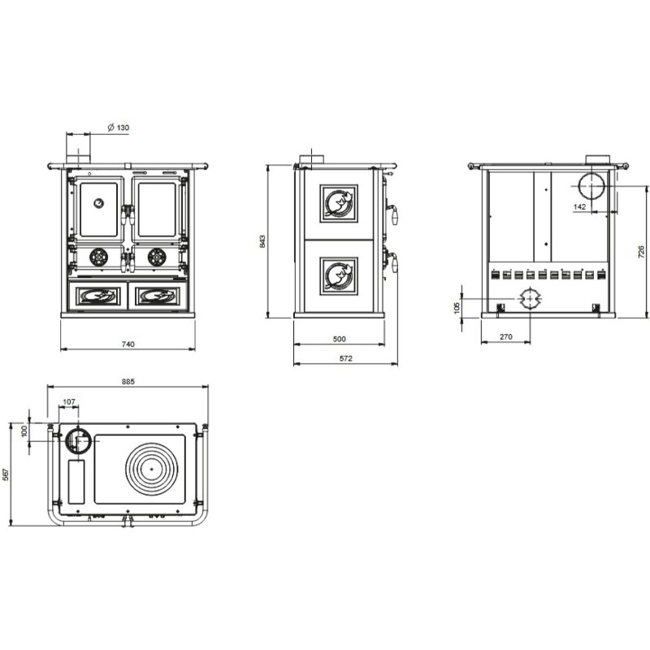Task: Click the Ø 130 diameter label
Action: pos(119,128)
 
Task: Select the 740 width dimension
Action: pos(128,344)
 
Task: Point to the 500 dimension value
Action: pos(339,339)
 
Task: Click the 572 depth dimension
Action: pos(346,359)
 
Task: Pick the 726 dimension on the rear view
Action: pos(641,251)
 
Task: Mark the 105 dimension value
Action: pos(457,307)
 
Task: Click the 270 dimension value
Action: pos(505,336)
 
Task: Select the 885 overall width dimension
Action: pos(128,380)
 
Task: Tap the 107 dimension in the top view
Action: pos(69,401)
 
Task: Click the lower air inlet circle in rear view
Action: pos(529,298)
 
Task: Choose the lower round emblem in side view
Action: pos(337,271)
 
